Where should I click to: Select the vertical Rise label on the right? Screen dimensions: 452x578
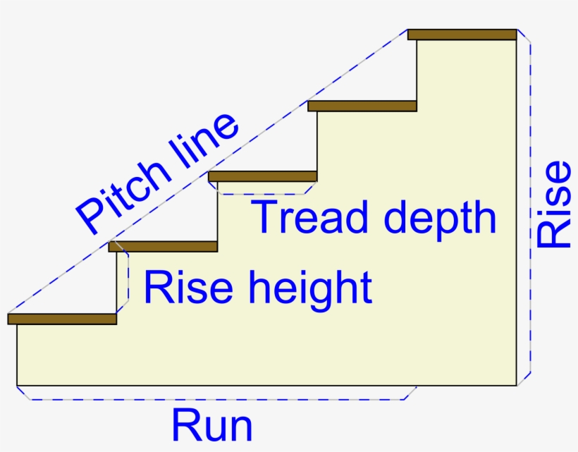(x=553, y=204)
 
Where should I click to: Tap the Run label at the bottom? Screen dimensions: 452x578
(x=211, y=426)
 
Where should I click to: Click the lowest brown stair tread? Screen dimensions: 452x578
(x=62, y=319)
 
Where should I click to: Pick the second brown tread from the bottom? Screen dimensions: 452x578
(x=163, y=246)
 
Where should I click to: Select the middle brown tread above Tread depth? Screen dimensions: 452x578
(x=263, y=176)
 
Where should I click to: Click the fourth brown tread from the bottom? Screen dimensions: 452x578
(x=362, y=106)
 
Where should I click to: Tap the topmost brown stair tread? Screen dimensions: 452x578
(x=462, y=35)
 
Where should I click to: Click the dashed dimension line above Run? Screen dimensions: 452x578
(x=211, y=400)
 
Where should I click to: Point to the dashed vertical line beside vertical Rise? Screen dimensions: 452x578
(x=530, y=212)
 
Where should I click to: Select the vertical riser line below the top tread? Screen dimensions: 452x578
(x=417, y=71)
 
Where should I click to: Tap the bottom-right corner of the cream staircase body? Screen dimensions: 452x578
(x=515, y=385)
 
